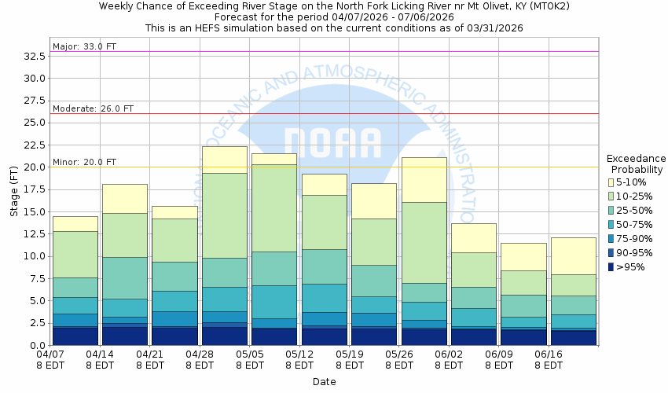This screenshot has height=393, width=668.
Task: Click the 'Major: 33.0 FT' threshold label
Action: [84, 46]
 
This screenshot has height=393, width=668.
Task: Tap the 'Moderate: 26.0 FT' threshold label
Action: [93, 108]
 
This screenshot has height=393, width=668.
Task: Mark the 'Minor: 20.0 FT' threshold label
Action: [84, 162]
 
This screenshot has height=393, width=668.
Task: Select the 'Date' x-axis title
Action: [324, 382]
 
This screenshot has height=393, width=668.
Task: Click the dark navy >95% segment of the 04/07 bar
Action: [75, 336]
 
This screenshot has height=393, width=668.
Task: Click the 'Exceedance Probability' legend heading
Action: [637, 163]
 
